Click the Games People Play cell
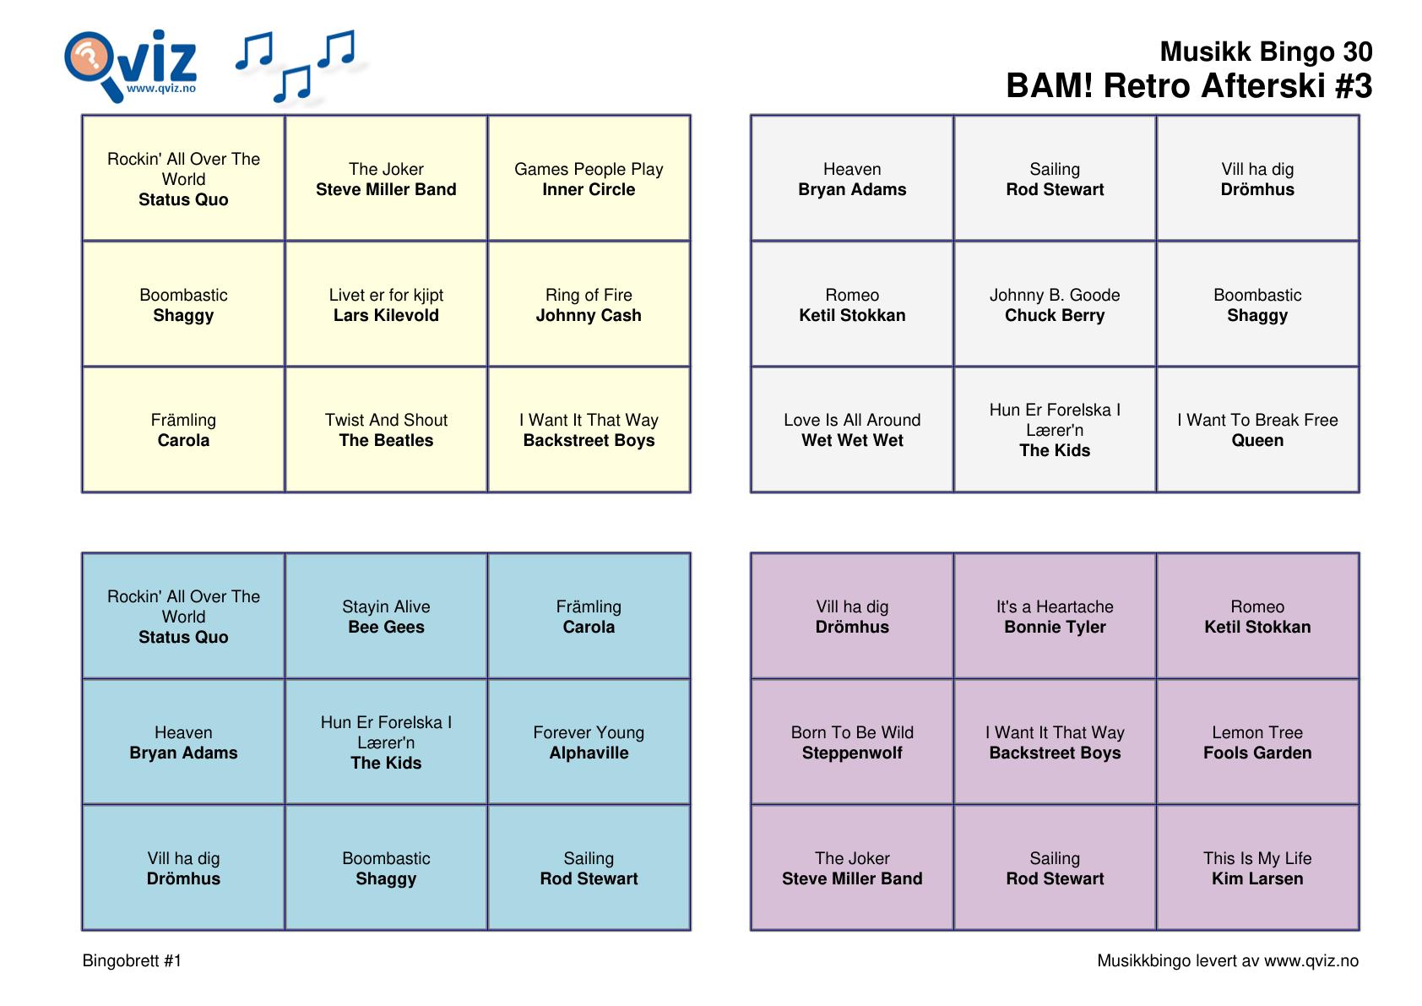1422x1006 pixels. click(589, 178)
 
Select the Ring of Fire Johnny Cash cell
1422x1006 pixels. click(589, 304)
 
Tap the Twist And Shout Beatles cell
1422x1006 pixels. click(386, 430)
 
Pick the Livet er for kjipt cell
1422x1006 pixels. click(386, 304)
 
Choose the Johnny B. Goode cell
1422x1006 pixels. click(1055, 304)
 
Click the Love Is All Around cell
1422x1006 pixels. click(852, 430)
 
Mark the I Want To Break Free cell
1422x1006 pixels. click(1257, 430)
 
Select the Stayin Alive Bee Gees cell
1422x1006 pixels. click(386, 616)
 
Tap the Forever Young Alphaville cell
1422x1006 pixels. click(589, 742)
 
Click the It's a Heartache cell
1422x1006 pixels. click(1055, 616)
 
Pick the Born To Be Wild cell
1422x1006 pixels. click(852, 742)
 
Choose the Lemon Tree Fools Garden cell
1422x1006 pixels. click(1257, 742)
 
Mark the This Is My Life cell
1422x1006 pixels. click(1257, 867)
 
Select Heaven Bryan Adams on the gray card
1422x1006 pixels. click(852, 178)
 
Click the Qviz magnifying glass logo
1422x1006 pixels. click(130, 65)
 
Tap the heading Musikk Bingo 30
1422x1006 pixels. click(1266, 52)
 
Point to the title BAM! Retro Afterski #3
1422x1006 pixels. click(1189, 86)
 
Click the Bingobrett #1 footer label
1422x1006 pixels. click(132, 960)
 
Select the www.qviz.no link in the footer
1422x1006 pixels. click(1311, 961)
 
